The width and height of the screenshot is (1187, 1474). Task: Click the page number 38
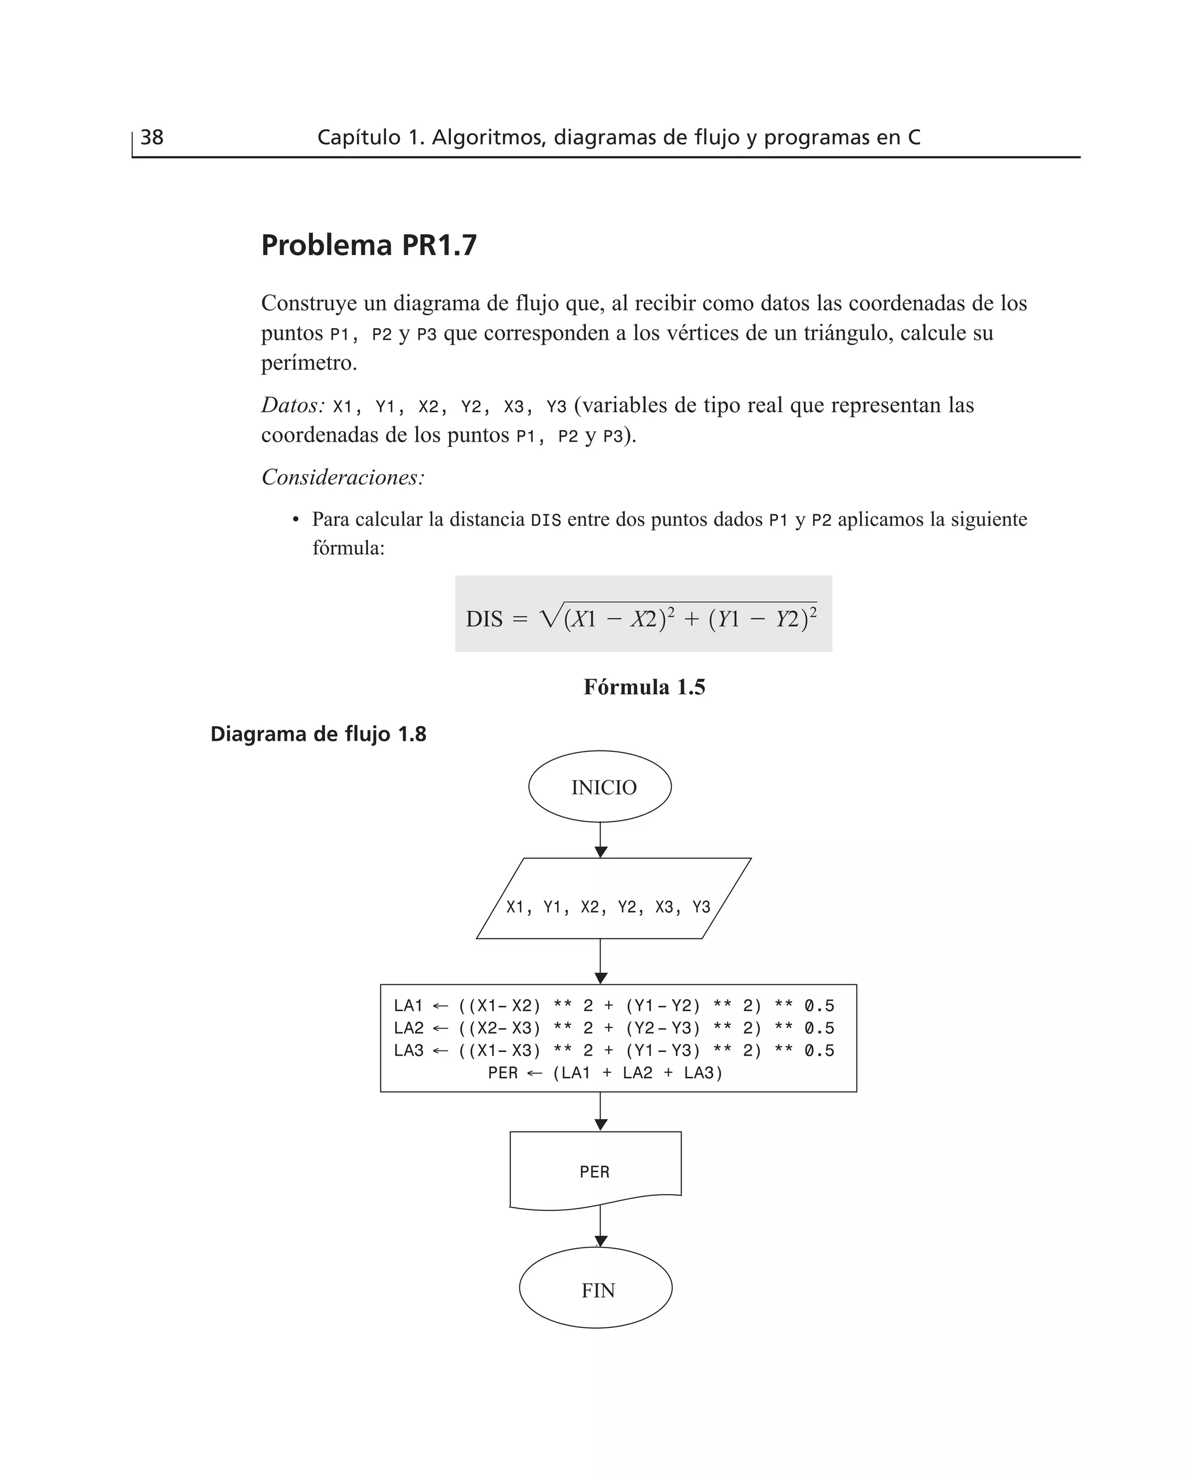[x=152, y=137]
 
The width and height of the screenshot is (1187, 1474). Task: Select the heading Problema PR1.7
[x=369, y=245]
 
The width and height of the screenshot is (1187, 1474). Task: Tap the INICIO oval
[x=600, y=787]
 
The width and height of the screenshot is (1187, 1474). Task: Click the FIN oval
[x=596, y=1290]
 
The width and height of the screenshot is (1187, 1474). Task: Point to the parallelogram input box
[x=613, y=899]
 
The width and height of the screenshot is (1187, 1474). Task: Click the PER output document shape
[x=595, y=1172]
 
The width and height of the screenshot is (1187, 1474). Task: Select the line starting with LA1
[x=613, y=1006]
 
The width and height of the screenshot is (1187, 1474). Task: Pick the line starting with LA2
[x=613, y=1028]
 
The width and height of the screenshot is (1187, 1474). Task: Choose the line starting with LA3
[x=613, y=1051]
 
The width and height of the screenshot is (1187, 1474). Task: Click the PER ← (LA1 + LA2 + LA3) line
[x=605, y=1073]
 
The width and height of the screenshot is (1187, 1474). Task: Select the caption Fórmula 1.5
[x=644, y=687]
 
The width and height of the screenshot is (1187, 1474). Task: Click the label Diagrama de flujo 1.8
[x=318, y=734]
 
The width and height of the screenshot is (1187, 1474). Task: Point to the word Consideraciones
[x=343, y=477]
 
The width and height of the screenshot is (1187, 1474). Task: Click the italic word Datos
[x=292, y=405]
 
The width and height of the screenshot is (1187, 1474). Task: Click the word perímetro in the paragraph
[x=308, y=363]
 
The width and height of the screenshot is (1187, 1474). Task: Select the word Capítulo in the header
[x=358, y=137]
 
